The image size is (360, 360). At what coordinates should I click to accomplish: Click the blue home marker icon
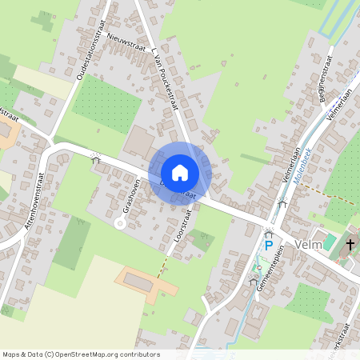(x=180, y=172)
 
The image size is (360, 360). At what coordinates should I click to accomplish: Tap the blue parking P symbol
(x=269, y=246)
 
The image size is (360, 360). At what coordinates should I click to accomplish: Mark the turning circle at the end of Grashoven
(x=120, y=224)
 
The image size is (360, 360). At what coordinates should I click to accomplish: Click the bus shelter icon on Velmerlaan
(x=282, y=203)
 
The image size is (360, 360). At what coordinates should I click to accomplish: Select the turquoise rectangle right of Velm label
(x=330, y=242)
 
